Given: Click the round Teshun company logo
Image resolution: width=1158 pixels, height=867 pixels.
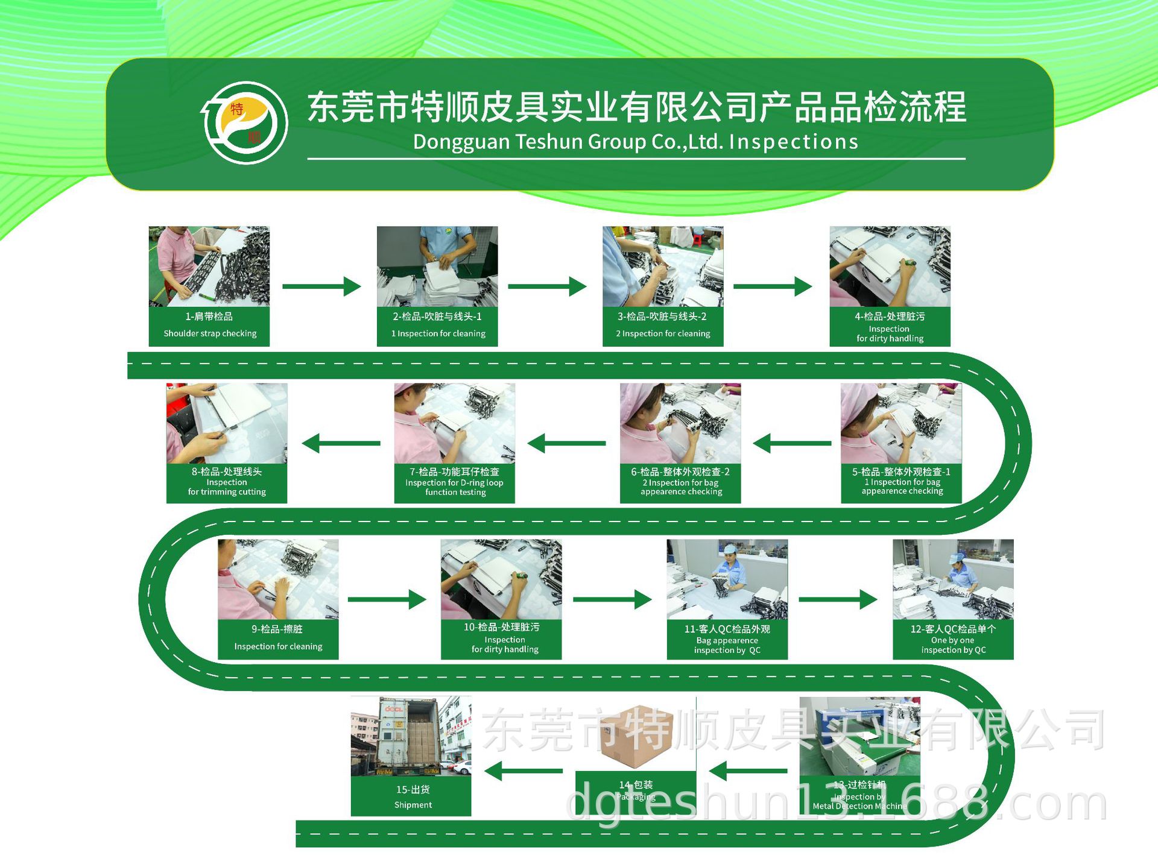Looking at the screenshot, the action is pos(244,122).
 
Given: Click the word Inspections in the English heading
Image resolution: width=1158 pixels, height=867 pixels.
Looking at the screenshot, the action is pos(793,142).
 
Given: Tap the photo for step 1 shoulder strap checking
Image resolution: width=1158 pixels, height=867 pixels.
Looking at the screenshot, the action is pos(209,266).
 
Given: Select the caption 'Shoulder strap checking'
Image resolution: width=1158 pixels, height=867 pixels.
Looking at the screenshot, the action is pos(210,333).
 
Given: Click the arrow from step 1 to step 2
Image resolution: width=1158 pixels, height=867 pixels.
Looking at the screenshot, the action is pos(321,286).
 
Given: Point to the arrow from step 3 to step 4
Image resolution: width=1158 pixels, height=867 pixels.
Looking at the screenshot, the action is pos(773,286).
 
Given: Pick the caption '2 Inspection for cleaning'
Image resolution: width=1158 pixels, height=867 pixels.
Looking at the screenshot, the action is pos(663,333).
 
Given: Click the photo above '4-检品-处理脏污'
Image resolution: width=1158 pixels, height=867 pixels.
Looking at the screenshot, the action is pos(890,266).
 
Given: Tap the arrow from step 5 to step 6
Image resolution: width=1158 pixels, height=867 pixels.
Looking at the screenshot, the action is pos(792,443).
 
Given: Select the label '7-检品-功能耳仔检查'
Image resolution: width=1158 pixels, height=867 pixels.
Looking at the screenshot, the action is pos(454,471).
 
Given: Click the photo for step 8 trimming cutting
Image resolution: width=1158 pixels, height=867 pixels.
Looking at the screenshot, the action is pos(226,423).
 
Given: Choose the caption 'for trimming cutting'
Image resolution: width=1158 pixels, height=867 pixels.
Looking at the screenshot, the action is pos(227,492).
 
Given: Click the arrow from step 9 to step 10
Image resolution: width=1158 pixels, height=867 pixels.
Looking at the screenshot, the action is pos(387,599).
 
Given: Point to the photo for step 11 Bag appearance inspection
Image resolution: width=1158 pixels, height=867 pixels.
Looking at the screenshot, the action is pos(727,579).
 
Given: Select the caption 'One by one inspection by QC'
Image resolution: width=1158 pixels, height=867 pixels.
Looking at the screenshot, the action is pos(953,645).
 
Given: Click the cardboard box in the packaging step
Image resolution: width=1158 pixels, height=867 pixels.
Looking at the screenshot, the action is pos(636,737).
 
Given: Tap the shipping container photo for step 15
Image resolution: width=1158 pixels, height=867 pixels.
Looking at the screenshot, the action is pos(411,736).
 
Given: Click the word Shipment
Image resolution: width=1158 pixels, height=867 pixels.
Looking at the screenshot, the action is pos(413,805).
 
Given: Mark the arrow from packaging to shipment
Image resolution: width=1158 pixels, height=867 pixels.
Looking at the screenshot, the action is pos(524,771).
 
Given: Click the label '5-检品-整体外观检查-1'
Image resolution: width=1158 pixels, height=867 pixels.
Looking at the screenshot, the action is pos(901,471).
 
